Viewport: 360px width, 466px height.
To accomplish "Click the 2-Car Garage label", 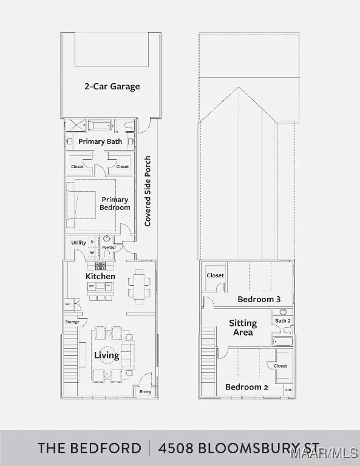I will coord(112,86).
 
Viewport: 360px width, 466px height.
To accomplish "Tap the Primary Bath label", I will coord(100,141).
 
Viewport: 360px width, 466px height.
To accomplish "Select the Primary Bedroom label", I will coord(115,203).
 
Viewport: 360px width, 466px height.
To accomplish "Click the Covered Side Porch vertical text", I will coord(148,191).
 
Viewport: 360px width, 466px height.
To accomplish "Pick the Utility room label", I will coord(78,243).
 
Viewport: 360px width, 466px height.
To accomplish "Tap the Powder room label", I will coord(109,248).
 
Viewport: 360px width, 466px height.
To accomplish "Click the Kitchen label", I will coord(100,276).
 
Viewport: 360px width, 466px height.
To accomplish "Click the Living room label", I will coord(106,356).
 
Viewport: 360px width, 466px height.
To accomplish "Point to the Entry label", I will coord(145,391).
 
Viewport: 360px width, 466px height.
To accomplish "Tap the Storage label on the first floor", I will coord(72,322).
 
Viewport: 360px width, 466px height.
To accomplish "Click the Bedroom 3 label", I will coord(259,299).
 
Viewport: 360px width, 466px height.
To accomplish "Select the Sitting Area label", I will coord(243,328).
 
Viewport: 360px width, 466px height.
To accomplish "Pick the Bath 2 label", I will coord(283,320).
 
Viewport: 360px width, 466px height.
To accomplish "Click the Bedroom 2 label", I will coord(246,387).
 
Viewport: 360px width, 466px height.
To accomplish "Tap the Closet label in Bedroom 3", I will coord(215,275).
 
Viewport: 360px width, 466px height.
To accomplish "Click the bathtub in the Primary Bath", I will coord(100,126).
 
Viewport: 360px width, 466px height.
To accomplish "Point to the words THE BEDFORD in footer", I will coord(89,448).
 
